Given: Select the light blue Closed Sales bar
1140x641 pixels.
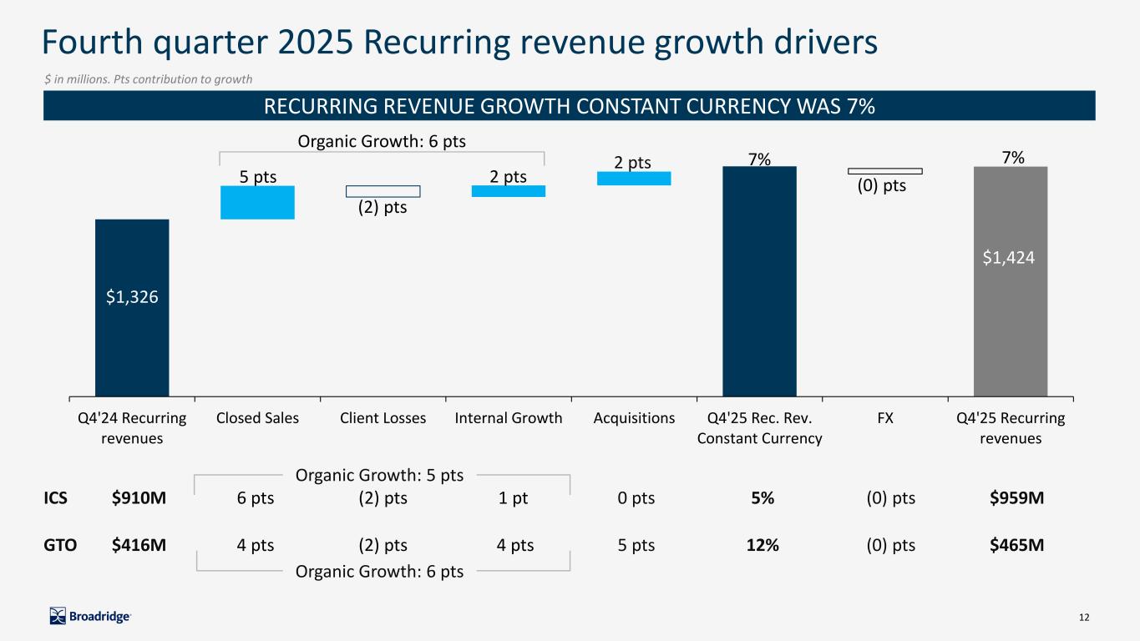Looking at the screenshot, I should pos(257,202).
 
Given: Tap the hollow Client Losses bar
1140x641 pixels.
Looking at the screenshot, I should pos(383,191).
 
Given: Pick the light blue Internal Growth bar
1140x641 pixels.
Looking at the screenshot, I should pos(508,191).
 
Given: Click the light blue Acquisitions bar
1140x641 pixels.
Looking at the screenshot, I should pos(633,178).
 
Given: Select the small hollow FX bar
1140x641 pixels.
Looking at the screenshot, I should pos(884,171).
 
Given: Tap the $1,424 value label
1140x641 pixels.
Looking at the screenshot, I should pos(1010,258).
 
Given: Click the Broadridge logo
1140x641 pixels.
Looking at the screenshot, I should pos(90,616).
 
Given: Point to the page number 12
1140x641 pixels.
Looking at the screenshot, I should pos(1084,618).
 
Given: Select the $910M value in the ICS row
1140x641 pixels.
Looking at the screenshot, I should pos(139,498).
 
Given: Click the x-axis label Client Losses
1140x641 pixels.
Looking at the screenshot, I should pos(383,418).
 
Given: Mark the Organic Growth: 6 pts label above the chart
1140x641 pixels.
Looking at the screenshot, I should pos(382,142).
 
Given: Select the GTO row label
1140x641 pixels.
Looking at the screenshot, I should pos(60,545).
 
